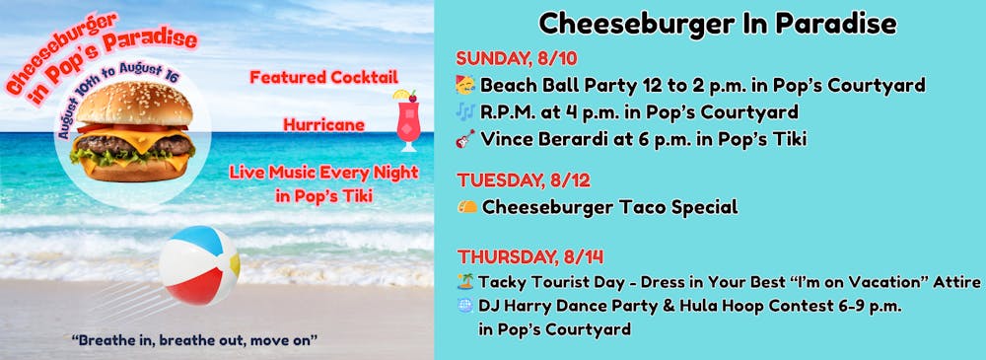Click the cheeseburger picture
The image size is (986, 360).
[133, 131]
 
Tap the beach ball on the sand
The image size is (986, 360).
[199, 265]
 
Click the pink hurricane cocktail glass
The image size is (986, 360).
[407, 121]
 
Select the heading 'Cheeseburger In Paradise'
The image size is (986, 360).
[718, 24]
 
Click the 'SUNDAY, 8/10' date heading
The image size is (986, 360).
[517, 58]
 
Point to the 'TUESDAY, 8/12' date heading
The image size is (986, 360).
[524, 180]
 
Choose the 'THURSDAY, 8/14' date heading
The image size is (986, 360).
[530, 256]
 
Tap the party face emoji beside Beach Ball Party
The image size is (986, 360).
[466, 85]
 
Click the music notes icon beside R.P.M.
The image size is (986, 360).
[466, 112]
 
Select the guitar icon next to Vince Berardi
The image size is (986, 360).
[466, 139]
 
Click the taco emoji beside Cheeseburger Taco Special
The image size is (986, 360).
[467, 206]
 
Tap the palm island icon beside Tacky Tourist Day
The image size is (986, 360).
[465, 281]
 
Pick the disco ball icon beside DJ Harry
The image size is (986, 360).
[465, 305]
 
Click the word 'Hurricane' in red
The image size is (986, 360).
[323, 124]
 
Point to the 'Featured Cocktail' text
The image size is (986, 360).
[323, 77]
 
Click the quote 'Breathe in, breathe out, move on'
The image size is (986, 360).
[194, 340]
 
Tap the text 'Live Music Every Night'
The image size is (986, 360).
[323, 172]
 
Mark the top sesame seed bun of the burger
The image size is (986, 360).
[134, 104]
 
